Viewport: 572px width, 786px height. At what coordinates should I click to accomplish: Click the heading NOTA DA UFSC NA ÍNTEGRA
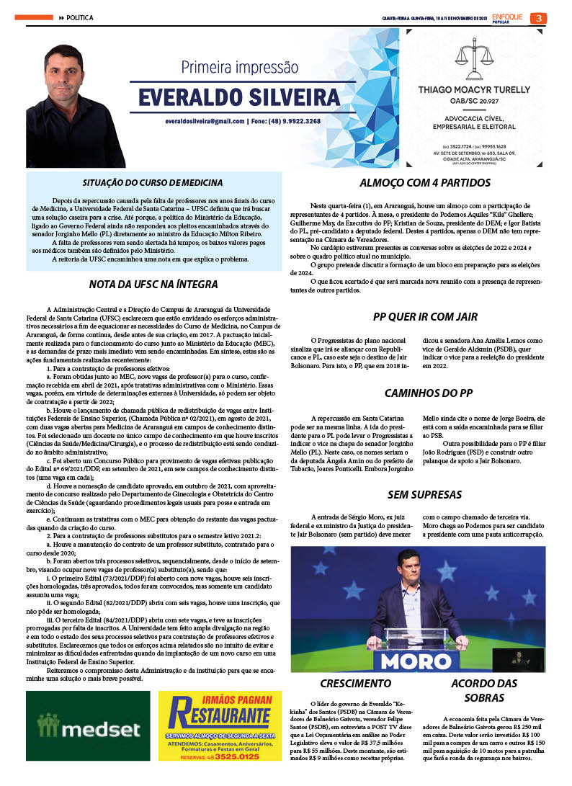pos(153,285)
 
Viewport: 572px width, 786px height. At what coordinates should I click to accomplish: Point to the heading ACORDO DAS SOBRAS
pos(484,690)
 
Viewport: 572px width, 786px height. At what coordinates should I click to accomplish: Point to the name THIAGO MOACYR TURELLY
pos(484,90)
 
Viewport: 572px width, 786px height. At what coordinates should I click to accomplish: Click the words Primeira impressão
pos(239,68)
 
